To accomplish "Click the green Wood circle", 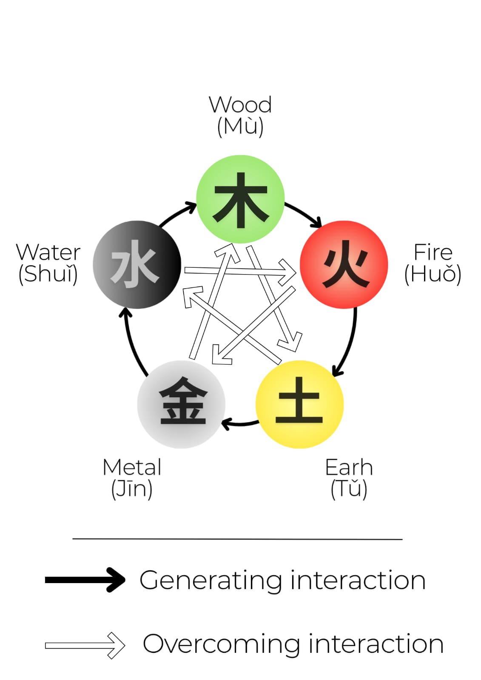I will [240, 199].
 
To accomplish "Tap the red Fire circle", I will [344, 264].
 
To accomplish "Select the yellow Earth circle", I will [299, 404].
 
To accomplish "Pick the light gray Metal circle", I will [181, 404].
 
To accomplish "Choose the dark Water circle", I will [137, 264].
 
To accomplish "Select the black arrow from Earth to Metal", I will [240, 423].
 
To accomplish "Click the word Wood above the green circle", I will [240, 105].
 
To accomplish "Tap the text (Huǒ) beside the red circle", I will [433, 274].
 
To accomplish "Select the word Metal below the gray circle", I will [132, 467].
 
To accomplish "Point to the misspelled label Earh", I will [349, 467].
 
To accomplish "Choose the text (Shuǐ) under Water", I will [48, 274].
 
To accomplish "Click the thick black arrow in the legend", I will [85, 580].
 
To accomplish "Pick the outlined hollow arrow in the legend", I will [85, 645].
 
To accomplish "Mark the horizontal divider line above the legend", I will [237, 539].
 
